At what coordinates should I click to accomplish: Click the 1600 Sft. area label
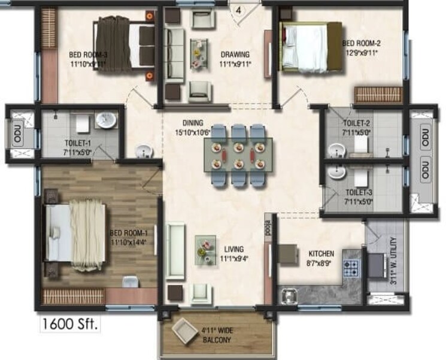pyautogui.click(x=69, y=325)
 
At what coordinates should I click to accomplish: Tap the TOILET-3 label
pyautogui.click(x=359, y=193)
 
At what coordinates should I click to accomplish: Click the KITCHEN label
pyautogui.click(x=321, y=253)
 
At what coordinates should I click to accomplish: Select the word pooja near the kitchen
pyautogui.click(x=268, y=229)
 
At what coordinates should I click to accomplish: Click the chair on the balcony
pyautogui.click(x=183, y=329)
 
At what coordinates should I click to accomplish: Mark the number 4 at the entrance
pyautogui.click(x=238, y=10)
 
